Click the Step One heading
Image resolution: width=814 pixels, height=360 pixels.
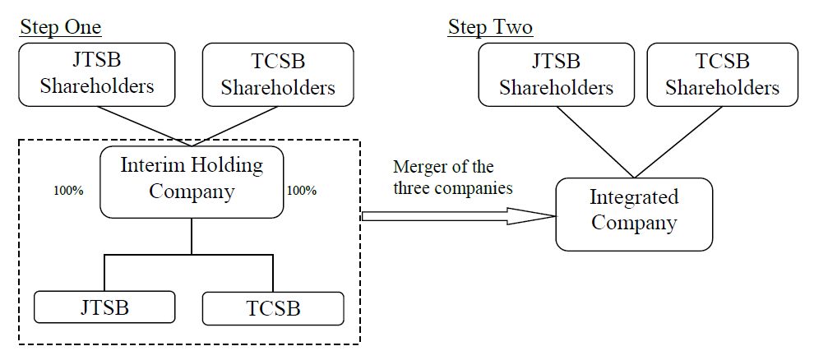point(60,27)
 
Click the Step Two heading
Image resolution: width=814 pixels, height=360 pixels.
point(490,27)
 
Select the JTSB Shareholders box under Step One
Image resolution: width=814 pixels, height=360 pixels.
point(97,74)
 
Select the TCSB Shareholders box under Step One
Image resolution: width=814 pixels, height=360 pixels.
point(278,74)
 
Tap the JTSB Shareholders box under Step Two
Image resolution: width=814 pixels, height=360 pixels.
point(556,74)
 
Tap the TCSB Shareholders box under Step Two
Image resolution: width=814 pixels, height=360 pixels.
point(722,74)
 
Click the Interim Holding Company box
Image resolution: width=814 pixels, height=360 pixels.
point(192,178)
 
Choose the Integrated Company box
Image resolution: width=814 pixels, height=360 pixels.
point(633,210)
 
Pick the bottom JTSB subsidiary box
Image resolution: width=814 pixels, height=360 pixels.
point(104,307)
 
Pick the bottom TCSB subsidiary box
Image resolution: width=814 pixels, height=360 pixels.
point(272,308)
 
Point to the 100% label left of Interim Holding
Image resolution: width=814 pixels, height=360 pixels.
point(68,191)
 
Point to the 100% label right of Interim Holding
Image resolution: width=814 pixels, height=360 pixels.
point(302,191)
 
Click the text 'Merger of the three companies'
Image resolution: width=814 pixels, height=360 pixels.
point(453,178)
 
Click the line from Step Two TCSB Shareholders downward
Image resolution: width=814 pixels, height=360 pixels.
point(674,141)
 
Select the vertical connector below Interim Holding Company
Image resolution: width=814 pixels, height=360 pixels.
point(192,236)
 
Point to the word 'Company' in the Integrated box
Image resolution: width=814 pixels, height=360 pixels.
point(633,223)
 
